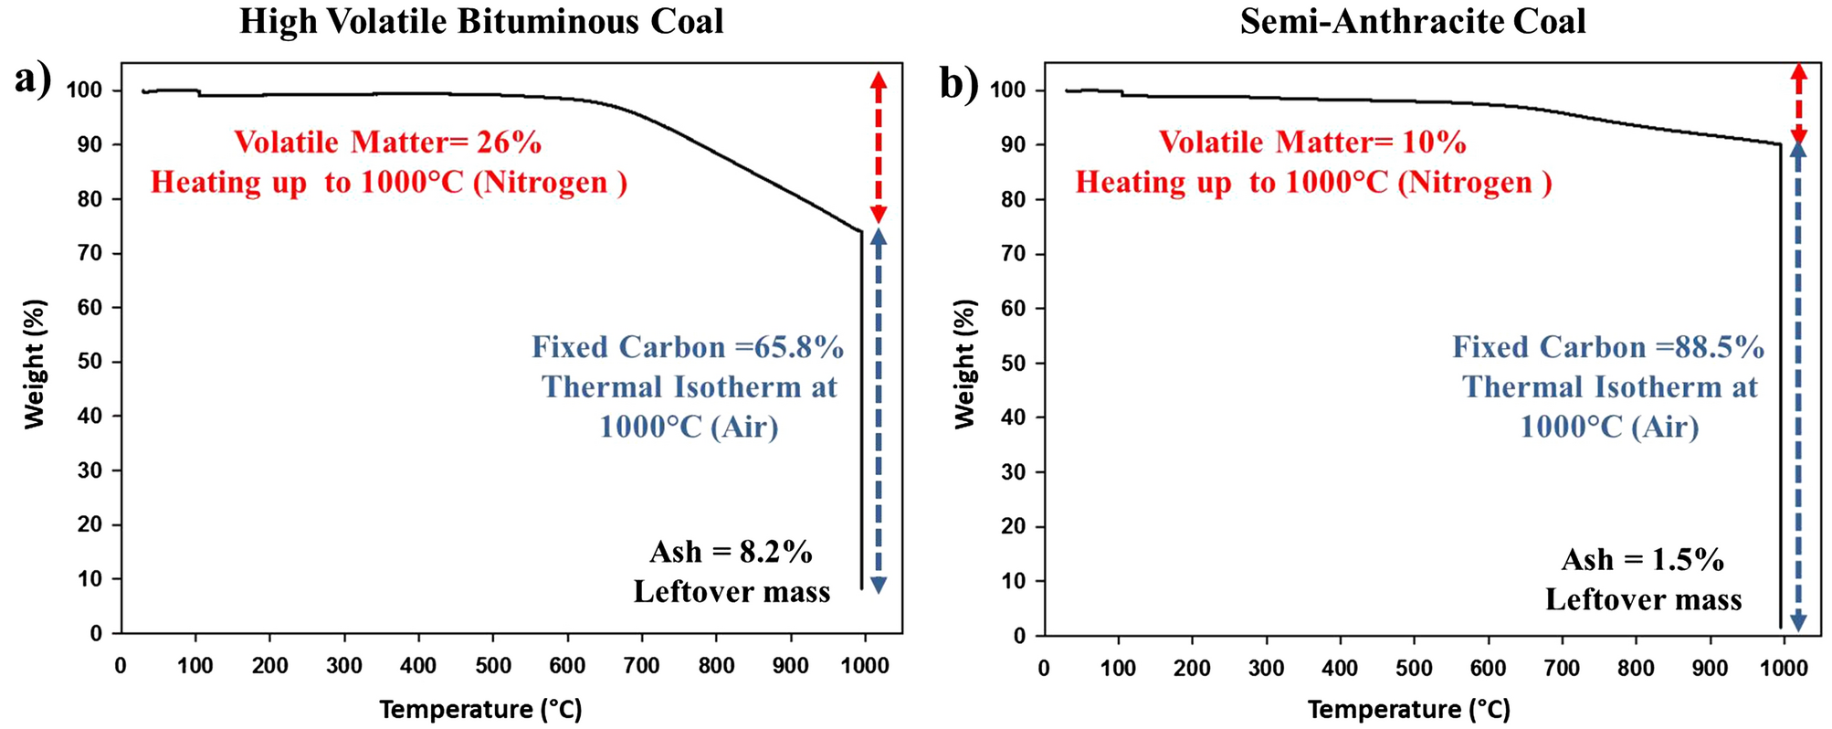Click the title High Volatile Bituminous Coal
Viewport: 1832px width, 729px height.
click(481, 22)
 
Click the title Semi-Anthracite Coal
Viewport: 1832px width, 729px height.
click(1412, 22)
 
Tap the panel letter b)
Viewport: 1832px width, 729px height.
click(959, 84)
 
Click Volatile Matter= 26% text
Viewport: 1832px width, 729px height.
click(387, 143)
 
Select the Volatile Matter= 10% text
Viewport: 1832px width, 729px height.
click(1312, 143)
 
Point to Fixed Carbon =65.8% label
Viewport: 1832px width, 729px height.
click(688, 347)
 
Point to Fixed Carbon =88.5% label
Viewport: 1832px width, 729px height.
click(1608, 347)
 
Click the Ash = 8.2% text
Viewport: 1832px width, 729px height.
click(731, 552)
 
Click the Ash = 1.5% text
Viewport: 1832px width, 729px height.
click(1642, 559)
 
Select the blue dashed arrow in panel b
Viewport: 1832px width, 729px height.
click(1797, 384)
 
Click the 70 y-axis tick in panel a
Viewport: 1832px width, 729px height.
click(89, 253)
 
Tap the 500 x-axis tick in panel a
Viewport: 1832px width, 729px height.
click(493, 666)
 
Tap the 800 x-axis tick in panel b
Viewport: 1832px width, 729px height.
click(1636, 668)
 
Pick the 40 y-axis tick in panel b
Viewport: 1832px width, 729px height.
click(1013, 417)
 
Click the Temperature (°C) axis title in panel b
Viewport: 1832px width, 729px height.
click(1408, 709)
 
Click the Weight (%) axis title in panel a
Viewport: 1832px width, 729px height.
click(34, 364)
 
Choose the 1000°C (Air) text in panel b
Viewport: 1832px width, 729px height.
click(1609, 427)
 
